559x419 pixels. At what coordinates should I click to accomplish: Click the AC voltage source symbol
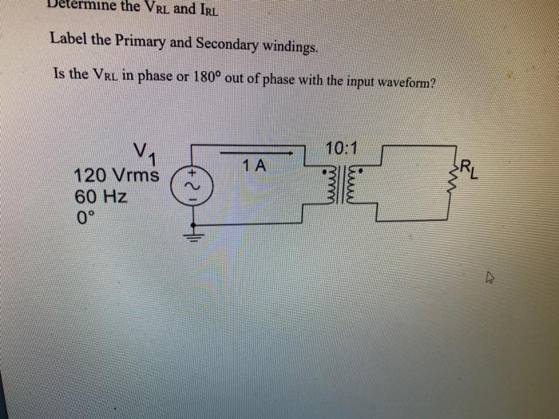coord(190,186)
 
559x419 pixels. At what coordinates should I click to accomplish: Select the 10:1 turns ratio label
coord(342,148)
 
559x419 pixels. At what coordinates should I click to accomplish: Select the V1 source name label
coord(146,152)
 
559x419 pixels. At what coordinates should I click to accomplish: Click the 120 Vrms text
coord(116,176)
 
